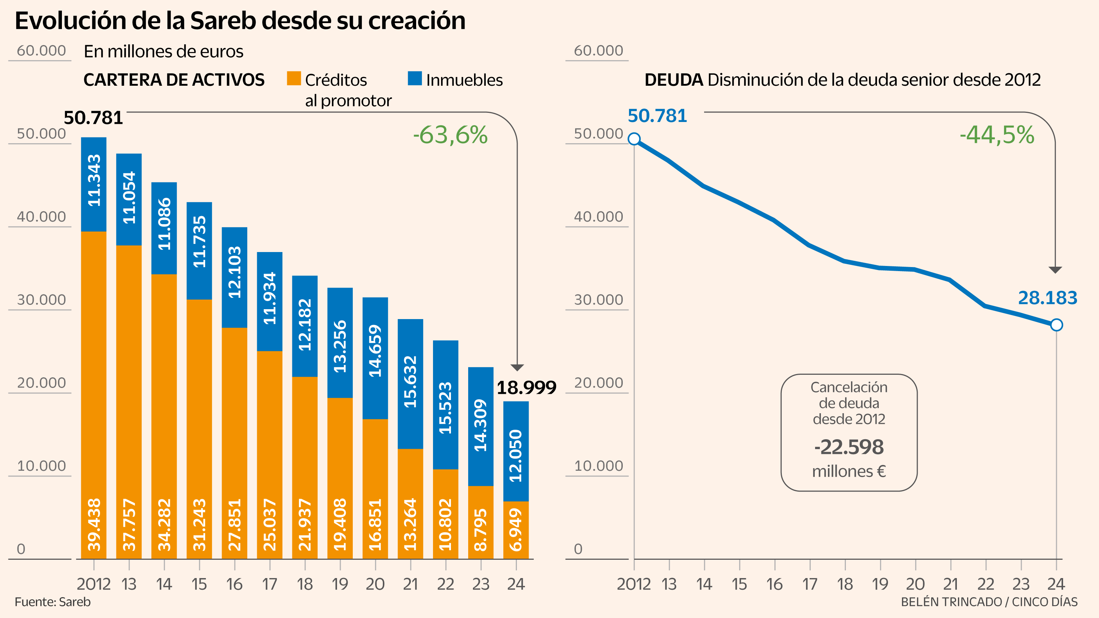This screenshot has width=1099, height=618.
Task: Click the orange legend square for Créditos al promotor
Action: coord(294,78)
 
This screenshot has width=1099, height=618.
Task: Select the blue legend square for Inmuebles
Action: coord(415,78)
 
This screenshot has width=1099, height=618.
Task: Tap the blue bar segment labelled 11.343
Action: coord(94,184)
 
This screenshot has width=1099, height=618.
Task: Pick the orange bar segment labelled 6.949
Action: coord(516,530)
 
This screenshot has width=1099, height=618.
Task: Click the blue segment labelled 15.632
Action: coord(410,384)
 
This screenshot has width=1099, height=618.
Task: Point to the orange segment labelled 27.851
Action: coord(234,444)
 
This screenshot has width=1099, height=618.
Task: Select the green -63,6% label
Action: coord(450,135)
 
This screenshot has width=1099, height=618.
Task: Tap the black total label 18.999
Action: coord(526,388)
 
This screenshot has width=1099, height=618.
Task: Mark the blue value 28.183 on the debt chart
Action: coord(1047,298)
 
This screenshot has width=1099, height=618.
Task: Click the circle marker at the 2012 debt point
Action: coord(634,138)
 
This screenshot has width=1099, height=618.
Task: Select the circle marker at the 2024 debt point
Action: coord(1057,325)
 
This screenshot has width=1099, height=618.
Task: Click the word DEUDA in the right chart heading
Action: coord(673,80)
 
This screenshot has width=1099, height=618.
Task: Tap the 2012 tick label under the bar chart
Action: coord(94,584)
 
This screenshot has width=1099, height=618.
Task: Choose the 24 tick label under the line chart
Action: coord(1056,584)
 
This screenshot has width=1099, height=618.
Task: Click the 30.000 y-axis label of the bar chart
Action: coord(41,300)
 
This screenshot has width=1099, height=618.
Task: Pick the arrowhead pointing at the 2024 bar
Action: coord(517,368)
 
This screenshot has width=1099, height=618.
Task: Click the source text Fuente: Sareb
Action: coord(52,602)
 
